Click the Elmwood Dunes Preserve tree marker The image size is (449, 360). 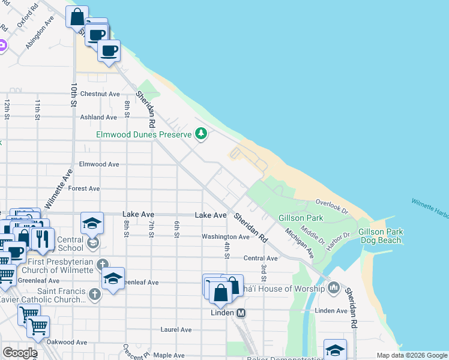pos(202,134)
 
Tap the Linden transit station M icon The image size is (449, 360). pos(241,313)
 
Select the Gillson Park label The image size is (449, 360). pos(301,218)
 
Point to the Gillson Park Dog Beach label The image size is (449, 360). pos(380,236)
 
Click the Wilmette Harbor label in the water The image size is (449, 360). pos(430,207)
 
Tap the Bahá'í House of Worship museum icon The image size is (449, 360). pos(334,289)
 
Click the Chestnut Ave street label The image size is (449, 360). pos(100,94)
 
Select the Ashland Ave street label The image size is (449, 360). pos(98,118)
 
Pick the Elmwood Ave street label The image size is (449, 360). pos(99,164)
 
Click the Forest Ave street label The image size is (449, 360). pos(84,188)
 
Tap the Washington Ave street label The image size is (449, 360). pos(225,237)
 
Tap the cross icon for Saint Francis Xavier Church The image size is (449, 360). pos(94,294)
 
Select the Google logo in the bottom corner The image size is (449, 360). pos(20,352)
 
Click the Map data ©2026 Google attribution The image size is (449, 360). pos(411,355)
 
